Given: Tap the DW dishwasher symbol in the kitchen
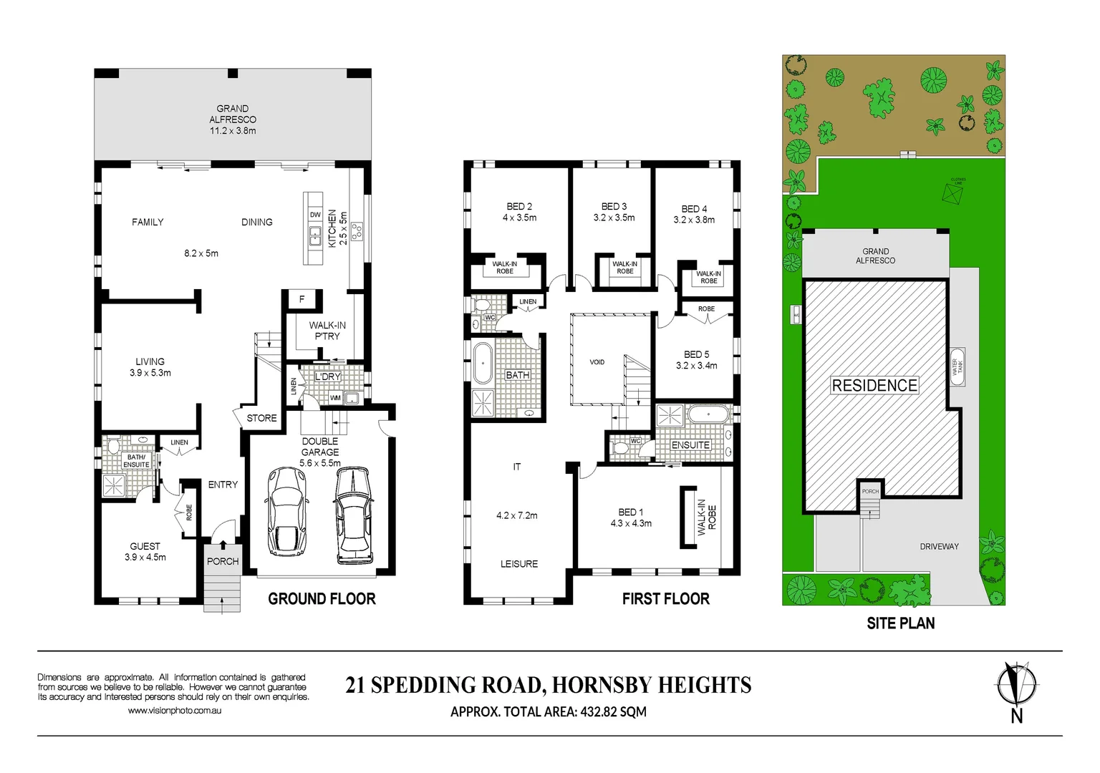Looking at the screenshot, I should [x=315, y=215].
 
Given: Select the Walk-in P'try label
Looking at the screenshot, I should [x=327, y=330].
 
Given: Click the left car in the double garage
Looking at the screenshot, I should [x=286, y=511].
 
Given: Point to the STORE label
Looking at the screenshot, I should [x=261, y=418].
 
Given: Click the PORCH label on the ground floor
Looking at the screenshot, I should [x=222, y=561].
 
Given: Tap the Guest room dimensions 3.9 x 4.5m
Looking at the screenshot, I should [x=145, y=557].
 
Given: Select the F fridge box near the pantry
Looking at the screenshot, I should [x=302, y=299].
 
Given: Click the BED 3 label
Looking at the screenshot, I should [x=614, y=206].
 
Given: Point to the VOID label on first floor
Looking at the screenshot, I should [x=597, y=362].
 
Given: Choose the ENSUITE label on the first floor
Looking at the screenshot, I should [x=690, y=445].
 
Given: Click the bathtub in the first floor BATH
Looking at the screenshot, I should [x=483, y=363].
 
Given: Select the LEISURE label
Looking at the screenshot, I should [x=518, y=564].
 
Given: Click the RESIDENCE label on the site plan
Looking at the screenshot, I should [x=874, y=385].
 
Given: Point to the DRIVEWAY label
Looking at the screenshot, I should [x=939, y=546].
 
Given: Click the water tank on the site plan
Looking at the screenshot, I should [x=957, y=367].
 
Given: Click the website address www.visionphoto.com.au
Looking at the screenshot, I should [x=174, y=711].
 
